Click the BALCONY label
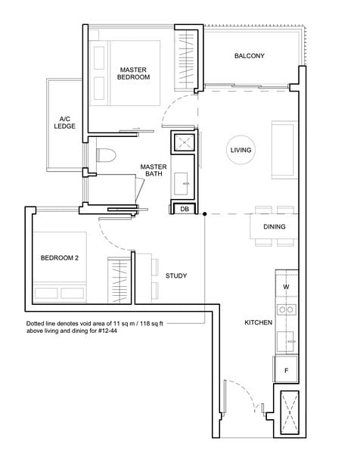[x=249, y=56]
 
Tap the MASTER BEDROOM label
[x=133, y=73]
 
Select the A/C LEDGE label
[x=64, y=123]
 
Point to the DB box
[x=185, y=209]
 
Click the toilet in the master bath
[x=106, y=155]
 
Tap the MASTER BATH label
[x=154, y=170]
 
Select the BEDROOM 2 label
[x=59, y=258]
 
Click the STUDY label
[x=176, y=276]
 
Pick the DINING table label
[x=275, y=227]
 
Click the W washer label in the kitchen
[x=286, y=287]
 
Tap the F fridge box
[x=286, y=369]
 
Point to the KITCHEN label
[x=259, y=322]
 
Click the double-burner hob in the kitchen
[x=287, y=309]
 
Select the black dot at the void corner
[x=205, y=214]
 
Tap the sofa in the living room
[x=284, y=150]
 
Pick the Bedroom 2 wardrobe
[x=119, y=280]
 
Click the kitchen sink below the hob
[x=286, y=342]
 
